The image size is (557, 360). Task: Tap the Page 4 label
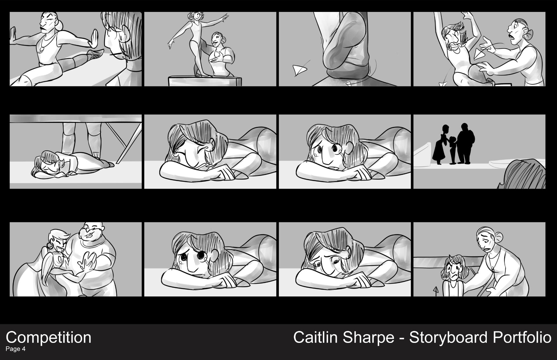16,349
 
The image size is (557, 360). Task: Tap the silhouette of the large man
465,144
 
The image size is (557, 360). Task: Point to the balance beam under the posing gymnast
205,81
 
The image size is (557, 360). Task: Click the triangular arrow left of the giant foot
299,70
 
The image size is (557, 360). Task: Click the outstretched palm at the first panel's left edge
12,36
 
